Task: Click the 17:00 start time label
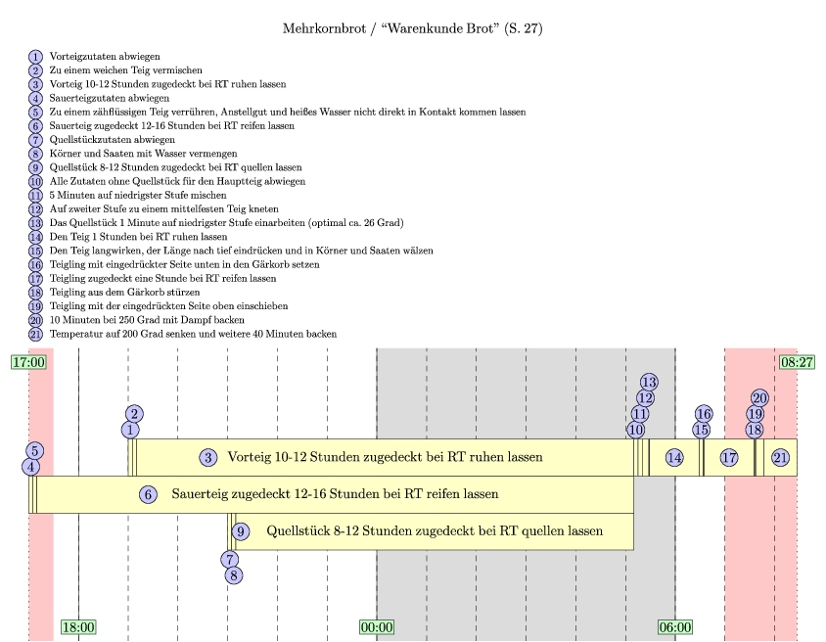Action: click(x=28, y=362)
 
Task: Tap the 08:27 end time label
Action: click(x=797, y=362)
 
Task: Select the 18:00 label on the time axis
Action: click(x=78, y=627)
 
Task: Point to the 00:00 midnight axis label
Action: click(x=377, y=627)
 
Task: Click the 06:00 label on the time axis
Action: click(x=675, y=627)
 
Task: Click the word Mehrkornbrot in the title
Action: click(x=324, y=28)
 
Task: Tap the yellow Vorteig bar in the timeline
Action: click(x=385, y=457)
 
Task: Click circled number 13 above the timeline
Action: click(x=649, y=383)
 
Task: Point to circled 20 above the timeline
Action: click(x=759, y=398)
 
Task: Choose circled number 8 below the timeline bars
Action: click(x=234, y=575)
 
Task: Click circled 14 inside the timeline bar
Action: click(x=674, y=458)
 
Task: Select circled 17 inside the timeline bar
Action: click(x=729, y=458)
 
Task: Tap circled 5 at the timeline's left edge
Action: click(x=35, y=451)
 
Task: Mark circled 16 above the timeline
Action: click(x=704, y=414)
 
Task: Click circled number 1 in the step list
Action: click(x=35, y=57)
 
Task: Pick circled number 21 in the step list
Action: click(x=35, y=334)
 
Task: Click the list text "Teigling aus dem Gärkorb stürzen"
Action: click(x=125, y=293)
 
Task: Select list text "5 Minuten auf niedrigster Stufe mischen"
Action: click(x=138, y=196)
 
